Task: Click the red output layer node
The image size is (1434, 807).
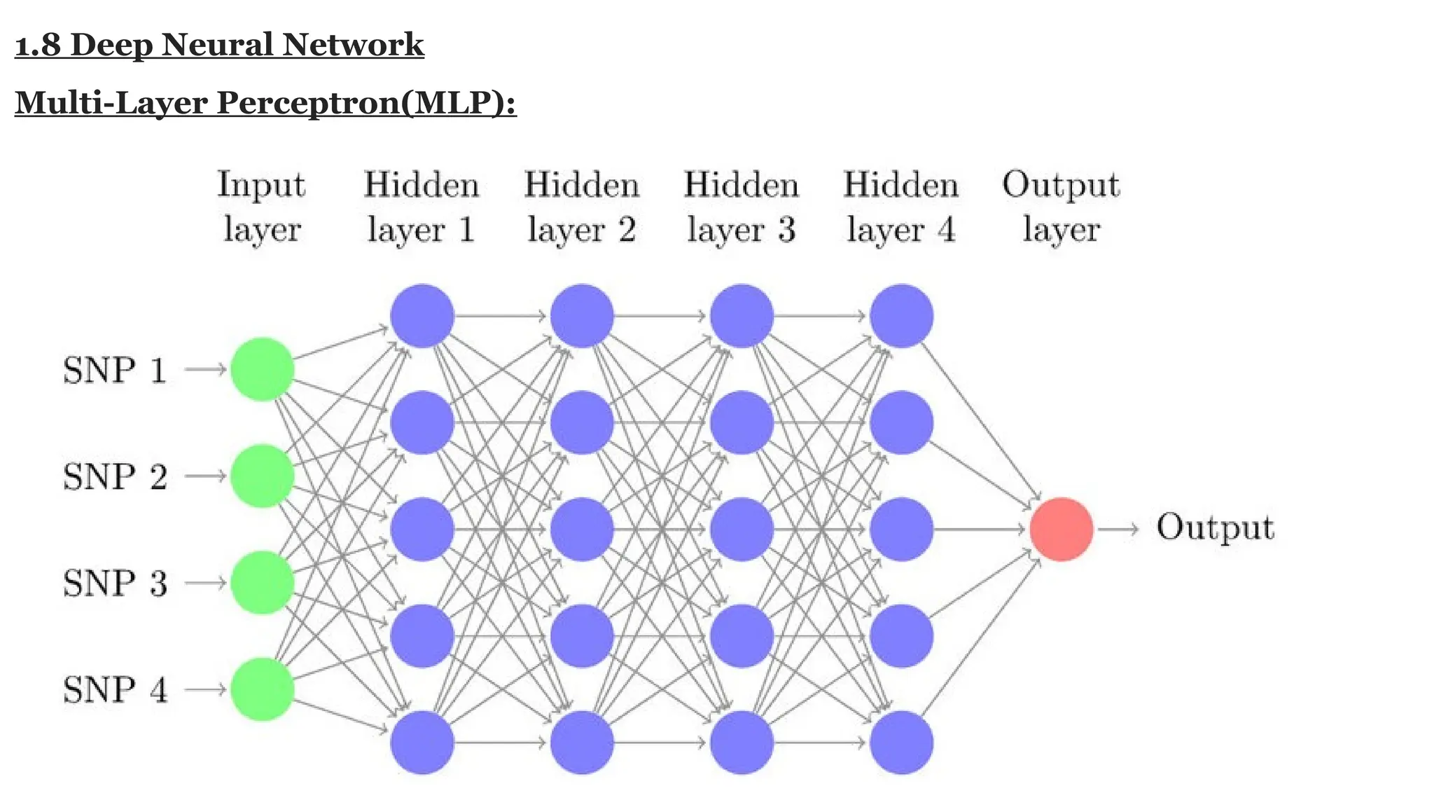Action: (x=1061, y=529)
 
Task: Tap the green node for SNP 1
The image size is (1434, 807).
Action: (x=262, y=369)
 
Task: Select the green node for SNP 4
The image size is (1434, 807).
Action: (x=262, y=689)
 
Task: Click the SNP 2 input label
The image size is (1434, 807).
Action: (x=116, y=476)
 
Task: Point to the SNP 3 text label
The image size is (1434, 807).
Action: (x=116, y=583)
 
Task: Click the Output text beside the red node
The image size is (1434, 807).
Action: (x=1215, y=527)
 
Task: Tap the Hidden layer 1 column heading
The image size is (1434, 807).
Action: (x=422, y=207)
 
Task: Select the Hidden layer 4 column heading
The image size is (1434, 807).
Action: (x=900, y=207)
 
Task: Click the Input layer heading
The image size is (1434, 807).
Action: (x=261, y=207)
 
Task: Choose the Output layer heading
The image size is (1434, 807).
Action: (x=1061, y=207)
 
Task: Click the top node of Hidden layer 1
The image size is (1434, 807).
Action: (x=422, y=316)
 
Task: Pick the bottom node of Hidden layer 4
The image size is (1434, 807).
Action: (x=901, y=743)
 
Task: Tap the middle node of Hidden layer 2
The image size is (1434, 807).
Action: (x=582, y=529)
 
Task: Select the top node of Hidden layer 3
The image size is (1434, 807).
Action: (x=742, y=316)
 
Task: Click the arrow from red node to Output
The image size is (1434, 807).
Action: (x=1118, y=530)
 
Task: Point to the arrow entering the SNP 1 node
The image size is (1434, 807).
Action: (x=205, y=369)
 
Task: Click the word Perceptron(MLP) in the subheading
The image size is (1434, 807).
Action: (x=366, y=102)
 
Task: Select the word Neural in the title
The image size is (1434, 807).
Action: (x=218, y=46)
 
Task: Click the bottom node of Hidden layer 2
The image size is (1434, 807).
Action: (x=582, y=743)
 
